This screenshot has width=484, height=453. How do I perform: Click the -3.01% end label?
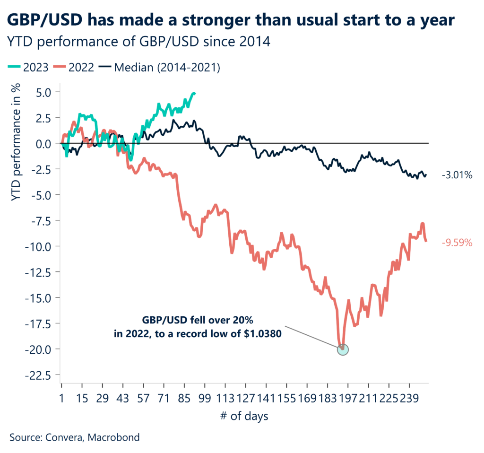tap(457, 175)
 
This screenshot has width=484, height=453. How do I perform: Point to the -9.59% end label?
tap(457, 243)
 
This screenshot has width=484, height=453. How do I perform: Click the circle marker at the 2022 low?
tap(343, 349)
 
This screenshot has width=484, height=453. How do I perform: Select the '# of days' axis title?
tap(244, 417)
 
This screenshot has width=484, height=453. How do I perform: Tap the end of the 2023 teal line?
tap(195, 93)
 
